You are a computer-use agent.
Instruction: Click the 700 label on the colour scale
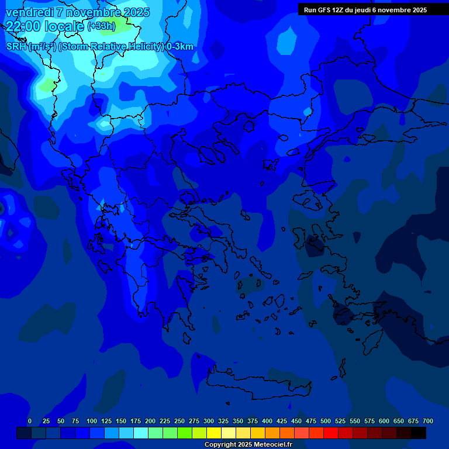pos(428,421)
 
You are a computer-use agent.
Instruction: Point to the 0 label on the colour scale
pos(30,421)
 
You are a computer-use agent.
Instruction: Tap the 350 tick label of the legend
pos(238,421)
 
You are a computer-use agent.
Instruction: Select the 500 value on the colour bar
pos(326,421)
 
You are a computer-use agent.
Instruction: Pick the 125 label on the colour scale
pos(106,421)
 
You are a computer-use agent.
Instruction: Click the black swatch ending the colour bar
pos(419,433)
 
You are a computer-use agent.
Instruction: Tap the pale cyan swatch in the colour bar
pos(141,433)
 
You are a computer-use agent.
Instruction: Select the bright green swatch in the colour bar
pos(185,433)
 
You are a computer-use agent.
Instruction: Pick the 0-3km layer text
pos(179,47)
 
